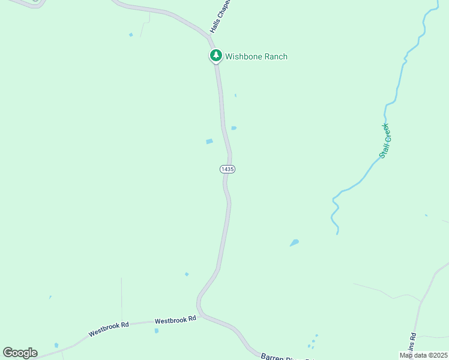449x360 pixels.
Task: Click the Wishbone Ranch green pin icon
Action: pos(215,56)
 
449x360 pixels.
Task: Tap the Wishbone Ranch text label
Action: pos(256,57)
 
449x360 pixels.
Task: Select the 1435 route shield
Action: pos(227,169)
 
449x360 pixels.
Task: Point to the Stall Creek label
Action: pos(385,141)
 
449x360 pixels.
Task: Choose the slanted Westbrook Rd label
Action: pos(109,329)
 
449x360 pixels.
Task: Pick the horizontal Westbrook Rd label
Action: pos(175,320)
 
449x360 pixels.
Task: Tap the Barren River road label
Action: pos(287,356)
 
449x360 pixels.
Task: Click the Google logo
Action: pos(20,353)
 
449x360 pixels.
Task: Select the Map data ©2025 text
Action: pos(423,355)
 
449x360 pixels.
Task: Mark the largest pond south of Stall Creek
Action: pos(294,243)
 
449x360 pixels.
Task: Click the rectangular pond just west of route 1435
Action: pos(209,142)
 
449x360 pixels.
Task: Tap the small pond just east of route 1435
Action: pos(234,128)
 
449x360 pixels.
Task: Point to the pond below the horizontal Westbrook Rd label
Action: pos(157,331)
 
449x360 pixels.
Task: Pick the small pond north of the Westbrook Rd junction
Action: pos(187,274)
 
